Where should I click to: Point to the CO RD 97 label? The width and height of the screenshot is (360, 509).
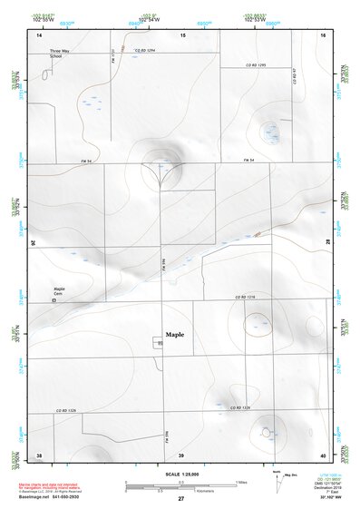coord(296,76)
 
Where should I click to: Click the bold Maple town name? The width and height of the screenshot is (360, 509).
coord(175,334)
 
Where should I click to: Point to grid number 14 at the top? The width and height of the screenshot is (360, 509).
coord(39,34)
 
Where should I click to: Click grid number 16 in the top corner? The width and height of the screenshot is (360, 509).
coord(323,34)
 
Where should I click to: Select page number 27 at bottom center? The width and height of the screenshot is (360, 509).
coord(180,499)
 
